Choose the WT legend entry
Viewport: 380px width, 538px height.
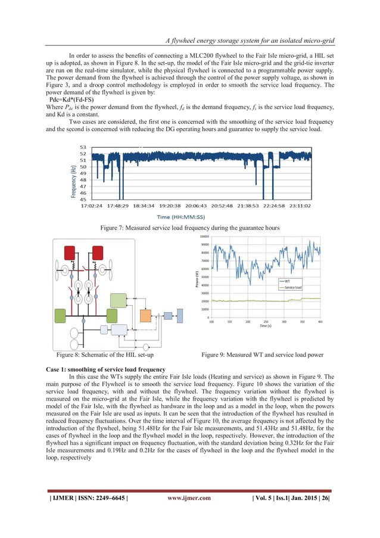click(x=287, y=279)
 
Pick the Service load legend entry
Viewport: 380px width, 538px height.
click(x=293, y=287)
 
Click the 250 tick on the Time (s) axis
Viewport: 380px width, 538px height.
click(x=266, y=321)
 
